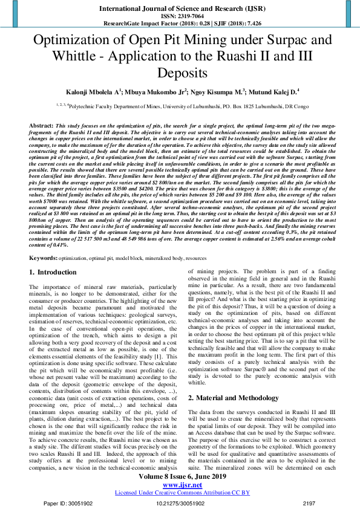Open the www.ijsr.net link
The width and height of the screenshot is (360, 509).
[180, 484]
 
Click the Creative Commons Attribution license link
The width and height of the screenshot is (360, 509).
[180, 493]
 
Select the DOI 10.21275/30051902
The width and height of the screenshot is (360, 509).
[180, 503]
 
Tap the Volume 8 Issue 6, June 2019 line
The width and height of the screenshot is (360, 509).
[180, 476]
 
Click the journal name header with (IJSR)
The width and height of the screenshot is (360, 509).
[180, 8]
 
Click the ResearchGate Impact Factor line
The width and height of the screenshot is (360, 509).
[180, 24]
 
